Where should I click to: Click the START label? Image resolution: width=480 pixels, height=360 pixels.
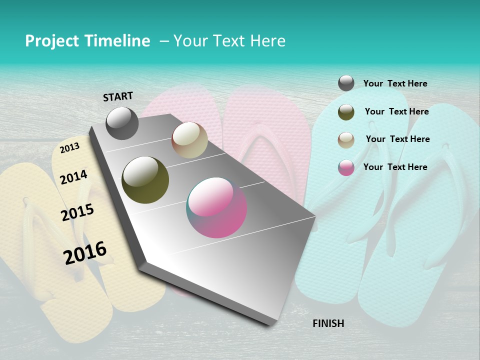(118, 96)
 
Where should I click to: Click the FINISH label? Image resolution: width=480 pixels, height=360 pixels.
(328, 323)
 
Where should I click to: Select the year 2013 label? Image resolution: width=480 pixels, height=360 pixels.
(69, 148)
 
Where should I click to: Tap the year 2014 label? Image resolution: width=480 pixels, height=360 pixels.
(73, 177)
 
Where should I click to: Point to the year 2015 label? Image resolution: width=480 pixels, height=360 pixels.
(77, 212)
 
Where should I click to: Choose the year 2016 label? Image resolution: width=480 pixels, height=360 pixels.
(85, 252)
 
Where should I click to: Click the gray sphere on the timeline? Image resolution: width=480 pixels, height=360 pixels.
(122, 123)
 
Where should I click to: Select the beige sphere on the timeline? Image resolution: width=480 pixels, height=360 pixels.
(189, 140)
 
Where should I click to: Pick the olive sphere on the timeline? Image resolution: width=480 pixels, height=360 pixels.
(145, 180)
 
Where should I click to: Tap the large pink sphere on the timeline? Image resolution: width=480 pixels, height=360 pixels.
(216, 207)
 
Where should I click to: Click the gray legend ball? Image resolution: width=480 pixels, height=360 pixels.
(346, 83)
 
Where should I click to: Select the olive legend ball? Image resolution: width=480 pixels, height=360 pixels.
(346, 112)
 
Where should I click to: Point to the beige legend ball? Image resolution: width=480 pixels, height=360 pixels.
(346, 140)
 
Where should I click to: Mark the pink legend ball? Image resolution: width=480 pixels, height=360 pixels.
(346, 167)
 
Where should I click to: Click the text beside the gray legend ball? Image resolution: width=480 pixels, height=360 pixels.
(395, 84)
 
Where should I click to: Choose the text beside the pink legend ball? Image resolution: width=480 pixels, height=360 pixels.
(395, 167)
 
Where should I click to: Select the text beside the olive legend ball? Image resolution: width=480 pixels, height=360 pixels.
(396, 111)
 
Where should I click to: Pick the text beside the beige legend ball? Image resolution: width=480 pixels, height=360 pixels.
(397, 139)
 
